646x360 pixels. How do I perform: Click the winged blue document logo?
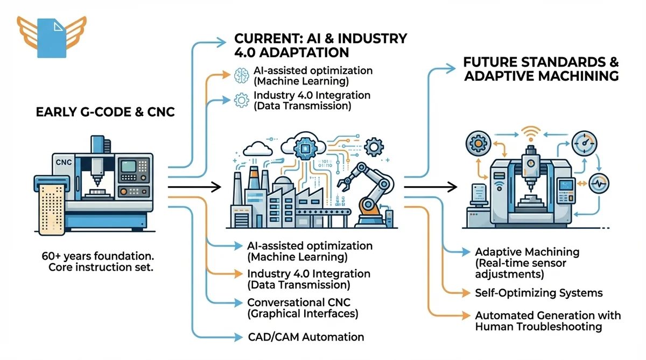(51, 37)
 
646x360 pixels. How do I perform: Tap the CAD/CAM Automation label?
(305, 337)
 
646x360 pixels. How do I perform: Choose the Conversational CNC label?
(303, 308)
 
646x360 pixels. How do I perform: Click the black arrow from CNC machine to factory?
(194, 187)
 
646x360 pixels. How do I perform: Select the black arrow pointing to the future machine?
(431, 187)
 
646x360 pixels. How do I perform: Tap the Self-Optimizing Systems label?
(539, 293)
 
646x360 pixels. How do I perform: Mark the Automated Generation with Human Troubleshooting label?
(547, 321)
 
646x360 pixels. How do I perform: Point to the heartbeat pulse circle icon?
(599, 182)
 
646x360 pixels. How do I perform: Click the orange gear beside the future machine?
(477, 145)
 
